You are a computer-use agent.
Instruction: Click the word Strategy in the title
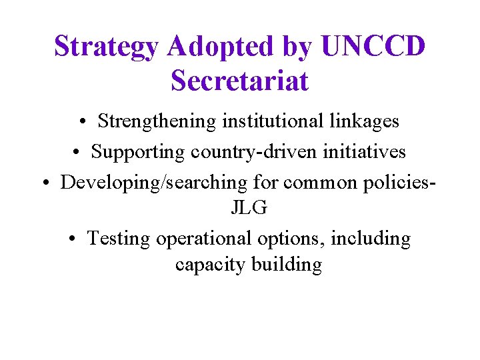click(x=107, y=47)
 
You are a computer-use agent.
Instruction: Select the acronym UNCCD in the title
click(x=373, y=47)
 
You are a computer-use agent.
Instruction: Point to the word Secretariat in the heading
click(x=240, y=81)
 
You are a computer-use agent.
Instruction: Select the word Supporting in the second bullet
click(x=138, y=152)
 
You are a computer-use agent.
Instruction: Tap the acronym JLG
click(x=249, y=208)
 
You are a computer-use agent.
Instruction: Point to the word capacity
click(x=210, y=265)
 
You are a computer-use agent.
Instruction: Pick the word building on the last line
click(x=287, y=265)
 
